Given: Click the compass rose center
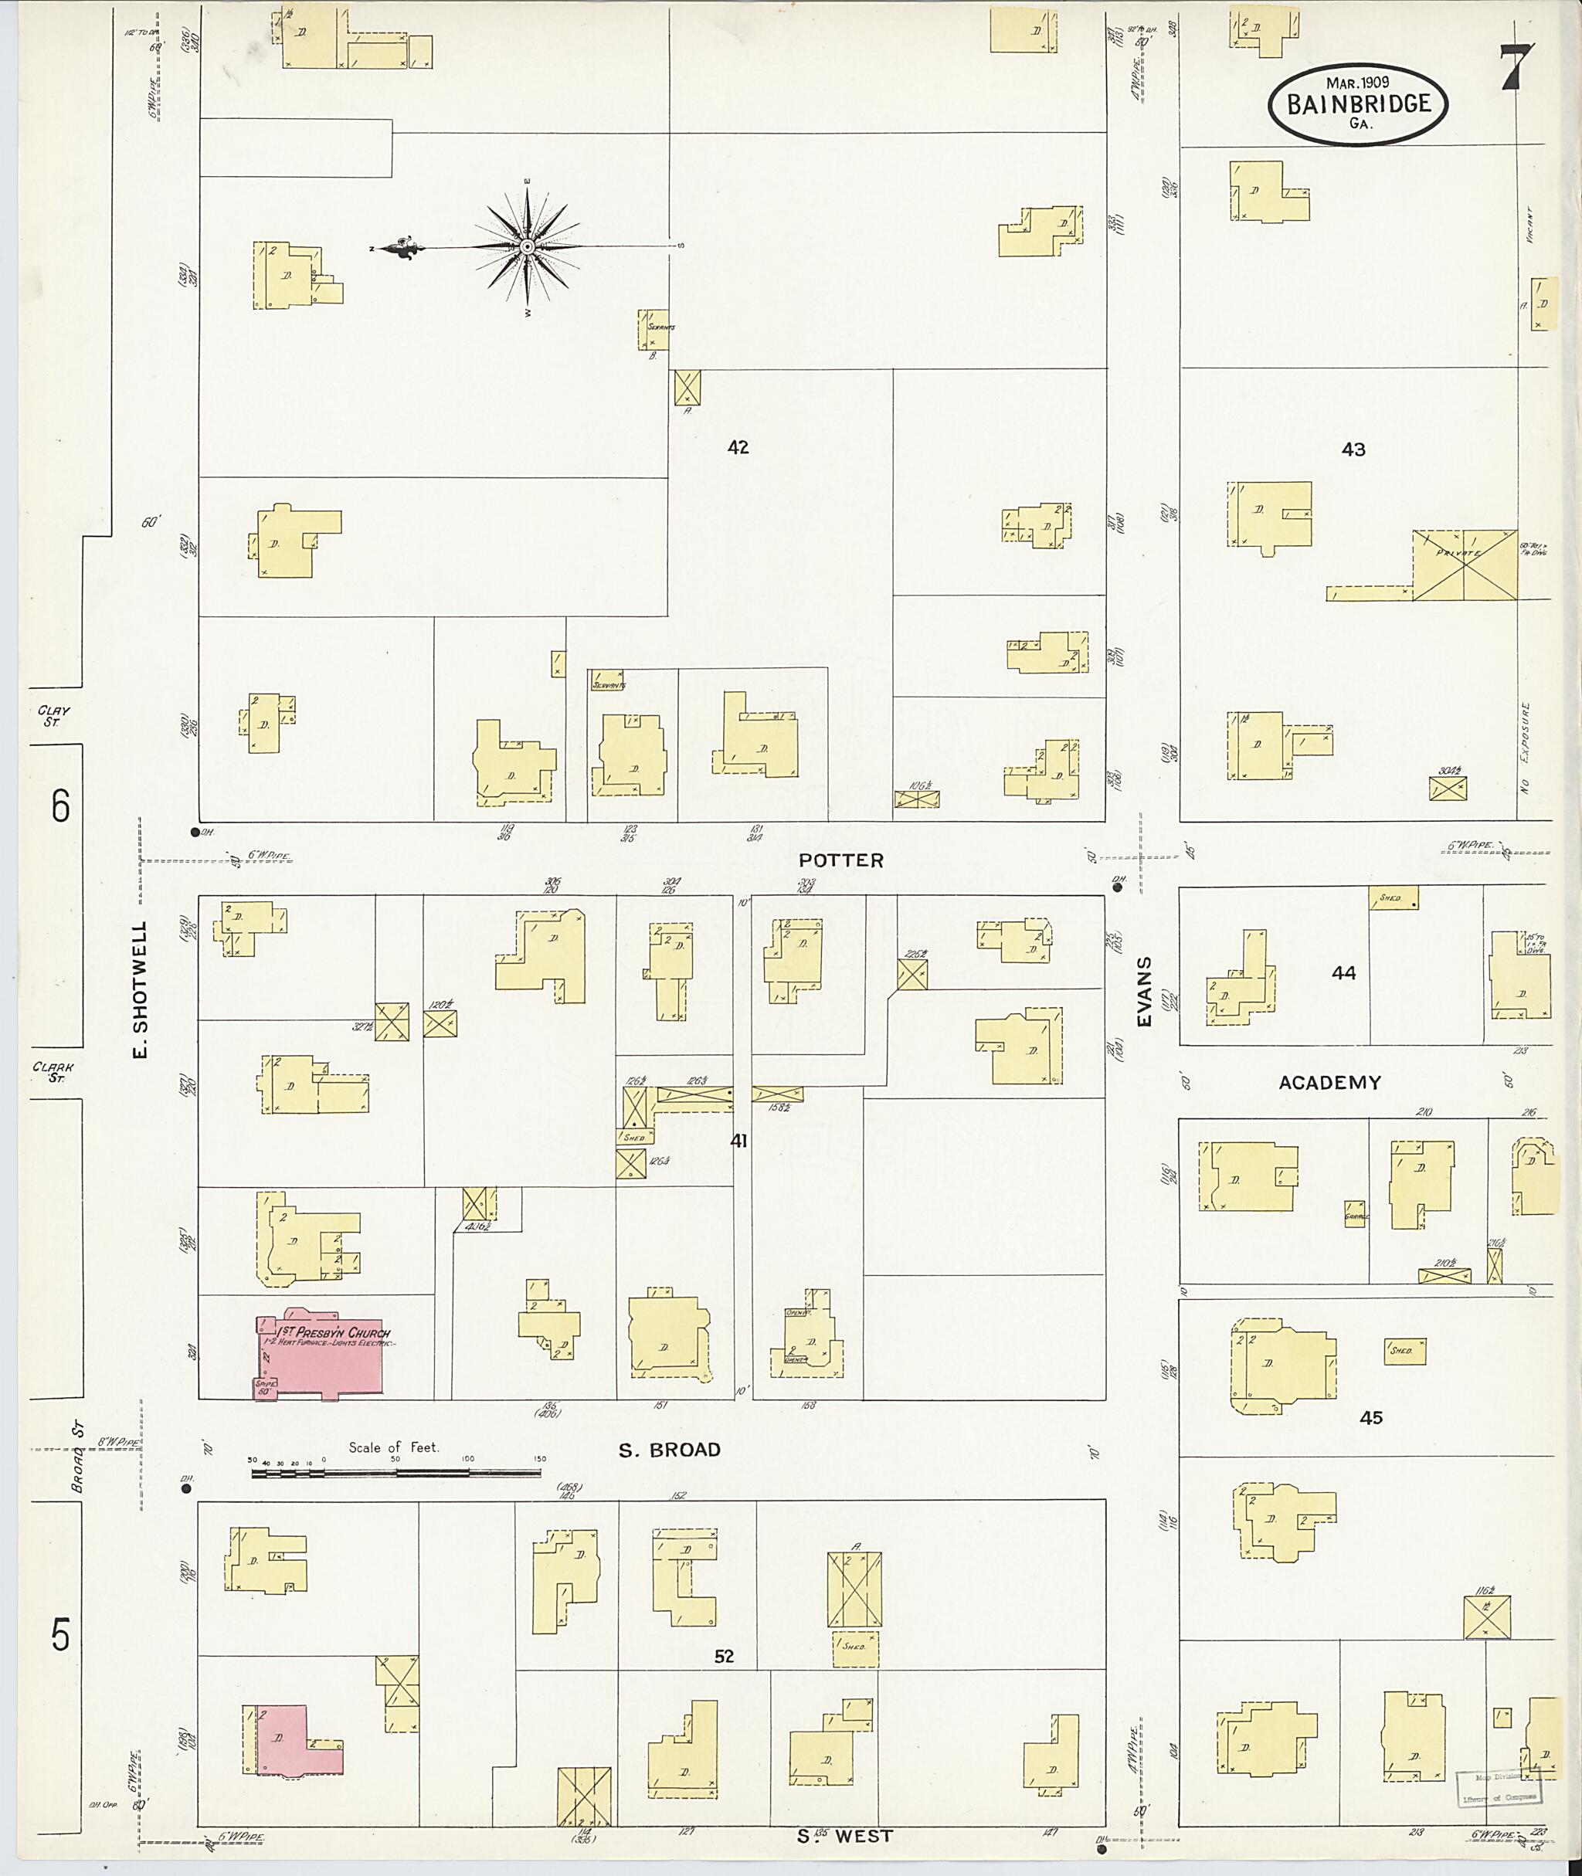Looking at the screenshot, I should (x=528, y=246).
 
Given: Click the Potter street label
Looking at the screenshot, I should (x=841, y=860).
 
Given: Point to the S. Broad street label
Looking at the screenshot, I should (x=670, y=1450).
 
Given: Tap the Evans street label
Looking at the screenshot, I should (x=1144, y=991).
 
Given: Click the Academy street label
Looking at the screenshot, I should (x=1329, y=1082).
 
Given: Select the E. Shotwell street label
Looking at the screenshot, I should (x=141, y=989).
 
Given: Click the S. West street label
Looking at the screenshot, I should (x=845, y=1837).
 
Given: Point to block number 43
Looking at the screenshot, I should (x=1353, y=449).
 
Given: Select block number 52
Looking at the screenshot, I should (x=724, y=1657).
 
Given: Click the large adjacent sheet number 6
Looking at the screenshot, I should (x=59, y=807).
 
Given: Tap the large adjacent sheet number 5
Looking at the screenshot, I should (x=59, y=1637).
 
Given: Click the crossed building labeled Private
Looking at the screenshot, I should (x=1464, y=565).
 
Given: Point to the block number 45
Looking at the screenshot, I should (x=1370, y=1417).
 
